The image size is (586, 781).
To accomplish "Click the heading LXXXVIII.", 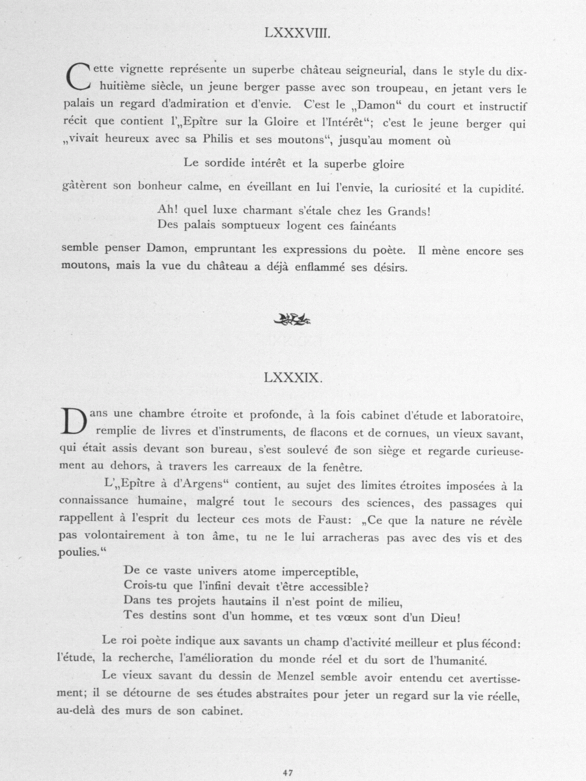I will (x=293, y=33).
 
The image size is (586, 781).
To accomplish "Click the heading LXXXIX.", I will (x=293, y=377).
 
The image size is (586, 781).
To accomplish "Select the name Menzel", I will (x=293, y=678).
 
